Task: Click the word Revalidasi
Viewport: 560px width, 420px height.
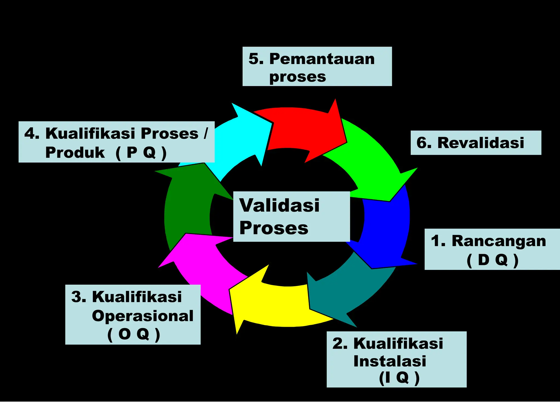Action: point(481,143)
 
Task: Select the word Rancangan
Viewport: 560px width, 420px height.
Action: point(499,241)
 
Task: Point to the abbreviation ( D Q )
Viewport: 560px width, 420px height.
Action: point(492,260)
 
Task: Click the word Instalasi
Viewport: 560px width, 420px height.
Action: point(390,361)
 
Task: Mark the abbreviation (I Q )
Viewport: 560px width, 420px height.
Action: point(399,378)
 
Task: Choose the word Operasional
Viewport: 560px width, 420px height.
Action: point(142,316)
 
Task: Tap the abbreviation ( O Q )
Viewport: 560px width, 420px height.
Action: point(133,334)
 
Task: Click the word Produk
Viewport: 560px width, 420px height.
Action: point(75,153)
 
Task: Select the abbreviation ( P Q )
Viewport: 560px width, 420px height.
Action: point(141,153)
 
